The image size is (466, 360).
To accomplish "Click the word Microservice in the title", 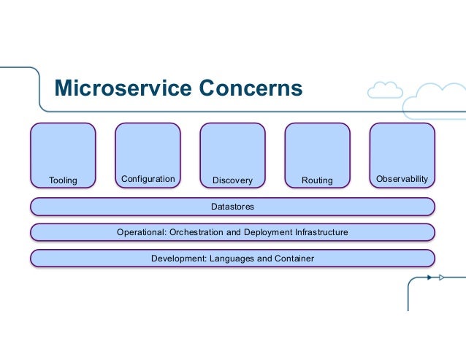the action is point(123,88).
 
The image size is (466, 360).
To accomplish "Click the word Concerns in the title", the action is point(251,88).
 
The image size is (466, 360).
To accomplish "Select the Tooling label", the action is point(63,180).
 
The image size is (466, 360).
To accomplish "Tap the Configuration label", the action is point(148,179).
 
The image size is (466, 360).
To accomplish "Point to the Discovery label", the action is point(232,180).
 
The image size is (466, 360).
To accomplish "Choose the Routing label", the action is point(317,180).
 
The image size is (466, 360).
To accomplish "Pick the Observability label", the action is point(402,179).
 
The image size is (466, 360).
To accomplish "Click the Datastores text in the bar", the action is point(232,207).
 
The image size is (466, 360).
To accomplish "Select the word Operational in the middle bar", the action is point(142,232).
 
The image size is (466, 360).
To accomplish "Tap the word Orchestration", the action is point(196,232).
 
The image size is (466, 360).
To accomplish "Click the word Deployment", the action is point(268,232).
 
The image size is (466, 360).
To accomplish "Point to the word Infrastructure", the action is point(321,232).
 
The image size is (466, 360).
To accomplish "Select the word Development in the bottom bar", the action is point(179,258).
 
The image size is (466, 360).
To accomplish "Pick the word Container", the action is point(294,258).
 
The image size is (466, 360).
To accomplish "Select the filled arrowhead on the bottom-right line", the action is point(429,277).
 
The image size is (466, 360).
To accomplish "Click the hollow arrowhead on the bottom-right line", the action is point(442,277).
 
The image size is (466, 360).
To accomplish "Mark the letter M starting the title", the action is point(64,88).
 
